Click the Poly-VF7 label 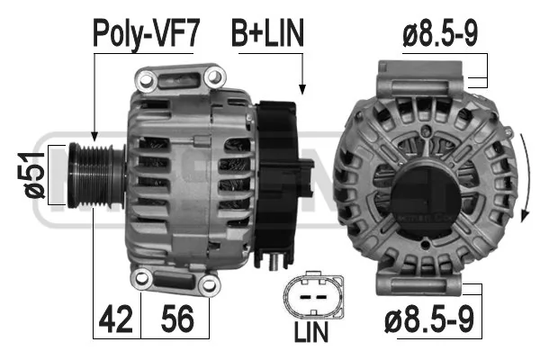pos(146,33)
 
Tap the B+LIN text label pos(267,32)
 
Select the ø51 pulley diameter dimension pos(35,175)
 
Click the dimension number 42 pos(116,319)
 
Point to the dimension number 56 pos(177,319)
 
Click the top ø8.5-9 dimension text pos(440,33)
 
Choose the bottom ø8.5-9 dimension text pos(429,319)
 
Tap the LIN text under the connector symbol pos(311,332)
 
